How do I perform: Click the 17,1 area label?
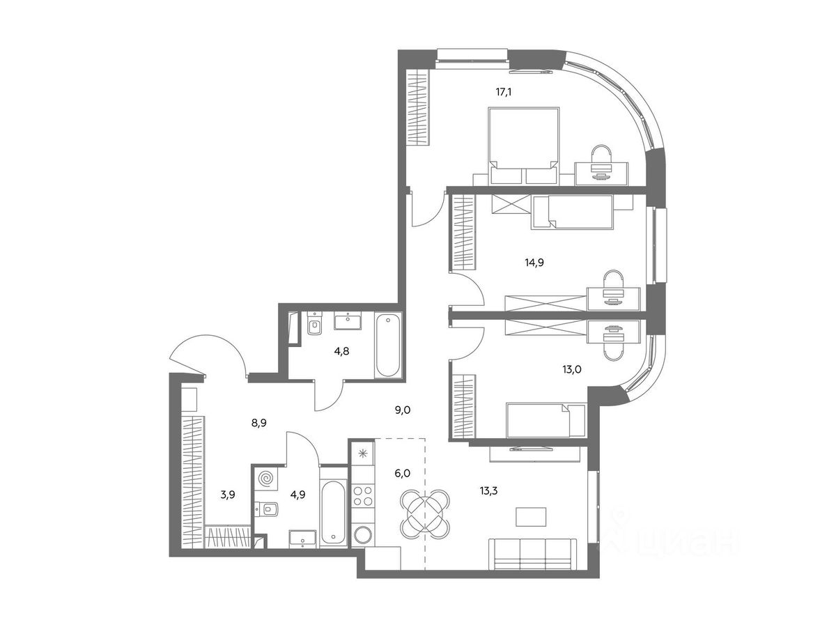(x=503, y=92)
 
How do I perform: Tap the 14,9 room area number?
(x=534, y=263)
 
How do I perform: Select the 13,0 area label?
(x=572, y=369)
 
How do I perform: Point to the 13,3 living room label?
(x=488, y=490)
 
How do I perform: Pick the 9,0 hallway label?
(x=402, y=410)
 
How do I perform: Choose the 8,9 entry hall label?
(x=258, y=423)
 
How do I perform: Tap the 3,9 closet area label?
(x=227, y=495)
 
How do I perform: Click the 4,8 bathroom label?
(x=341, y=351)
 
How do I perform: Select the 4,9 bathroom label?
(x=297, y=495)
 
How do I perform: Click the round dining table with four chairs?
(x=425, y=514)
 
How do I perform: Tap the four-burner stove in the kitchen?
(x=362, y=497)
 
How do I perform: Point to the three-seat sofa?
(x=530, y=559)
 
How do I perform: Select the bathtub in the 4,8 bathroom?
(x=388, y=346)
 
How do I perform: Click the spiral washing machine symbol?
(x=266, y=478)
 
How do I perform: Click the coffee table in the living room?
(x=531, y=517)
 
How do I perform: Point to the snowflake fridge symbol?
(x=362, y=454)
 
